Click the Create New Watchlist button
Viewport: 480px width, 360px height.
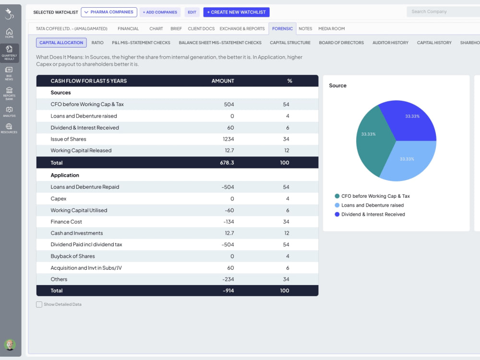click(x=236, y=12)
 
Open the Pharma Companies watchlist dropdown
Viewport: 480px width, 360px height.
click(x=109, y=12)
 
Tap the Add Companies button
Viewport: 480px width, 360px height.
click(x=160, y=12)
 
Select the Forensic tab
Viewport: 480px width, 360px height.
click(x=282, y=29)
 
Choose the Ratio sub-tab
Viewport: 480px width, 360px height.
click(x=97, y=43)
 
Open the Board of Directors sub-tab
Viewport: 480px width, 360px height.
click(x=341, y=43)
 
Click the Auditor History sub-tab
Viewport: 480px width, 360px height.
click(x=390, y=43)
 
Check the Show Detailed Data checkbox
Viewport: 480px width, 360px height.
click(x=39, y=304)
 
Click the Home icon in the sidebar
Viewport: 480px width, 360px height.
click(x=9, y=33)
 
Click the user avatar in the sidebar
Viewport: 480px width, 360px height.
click(x=10, y=345)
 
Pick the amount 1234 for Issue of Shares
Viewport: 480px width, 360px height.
click(x=228, y=139)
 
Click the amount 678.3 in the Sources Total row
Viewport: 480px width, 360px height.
click(x=227, y=163)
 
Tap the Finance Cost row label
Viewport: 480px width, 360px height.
click(x=66, y=222)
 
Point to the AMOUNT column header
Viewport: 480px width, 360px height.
click(x=223, y=81)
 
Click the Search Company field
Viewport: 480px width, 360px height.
click(x=443, y=12)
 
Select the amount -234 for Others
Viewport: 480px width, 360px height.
click(x=228, y=279)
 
